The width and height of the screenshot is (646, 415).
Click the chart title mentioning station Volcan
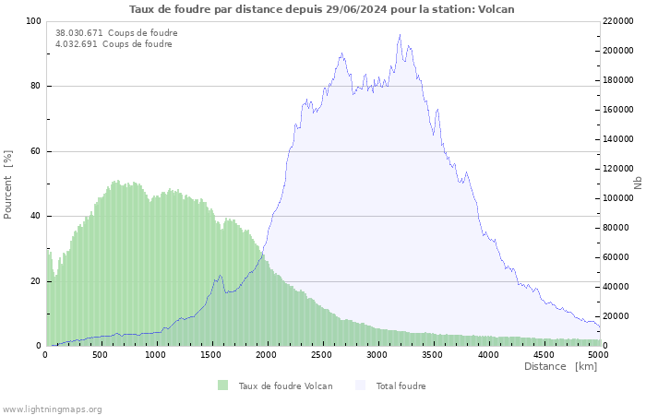tap(322, 9)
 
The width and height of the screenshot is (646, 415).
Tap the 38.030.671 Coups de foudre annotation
tap(116, 33)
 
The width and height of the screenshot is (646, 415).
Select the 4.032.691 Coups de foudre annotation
tap(114, 44)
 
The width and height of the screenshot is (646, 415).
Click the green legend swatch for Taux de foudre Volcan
tap(222, 385)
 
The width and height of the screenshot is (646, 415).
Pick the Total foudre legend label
tap(401, 385)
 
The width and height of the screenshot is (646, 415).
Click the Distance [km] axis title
tap(560, 366)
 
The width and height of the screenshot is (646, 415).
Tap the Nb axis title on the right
tap(638, 184)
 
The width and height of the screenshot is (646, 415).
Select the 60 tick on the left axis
tap(36, 151)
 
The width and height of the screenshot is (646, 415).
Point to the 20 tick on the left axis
tap(36, 281)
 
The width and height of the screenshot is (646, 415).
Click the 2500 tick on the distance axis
tap(322, 354)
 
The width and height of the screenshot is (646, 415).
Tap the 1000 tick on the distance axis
tap(156, 354)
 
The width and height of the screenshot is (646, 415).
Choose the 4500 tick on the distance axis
tap(544, 354)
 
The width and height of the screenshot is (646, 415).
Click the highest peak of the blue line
tap(400, 35)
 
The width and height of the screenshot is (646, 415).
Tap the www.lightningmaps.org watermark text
tap(52, 409)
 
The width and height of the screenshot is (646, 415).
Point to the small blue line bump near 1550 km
tap(219, 276)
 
